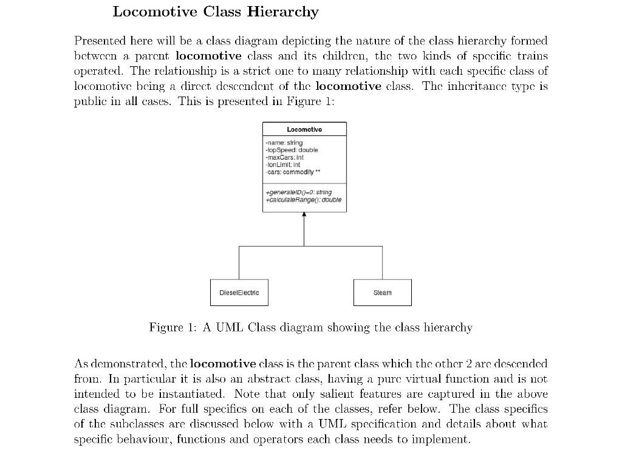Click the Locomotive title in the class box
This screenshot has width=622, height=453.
[x=304, y=129]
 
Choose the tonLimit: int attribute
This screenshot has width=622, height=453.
[x=283, y=164]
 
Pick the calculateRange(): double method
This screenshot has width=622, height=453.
[x=302, y=200]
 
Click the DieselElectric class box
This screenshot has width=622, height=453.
[x=239, y=293]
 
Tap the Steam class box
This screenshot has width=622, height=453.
[x=382, y=293]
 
